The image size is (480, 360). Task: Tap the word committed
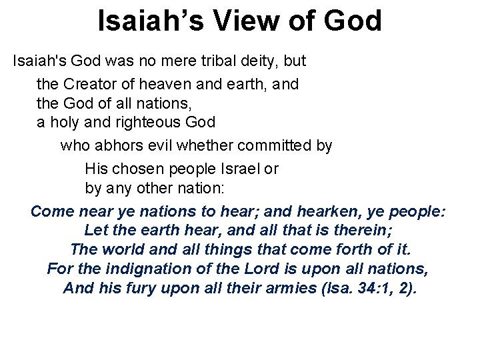coord(266,145)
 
